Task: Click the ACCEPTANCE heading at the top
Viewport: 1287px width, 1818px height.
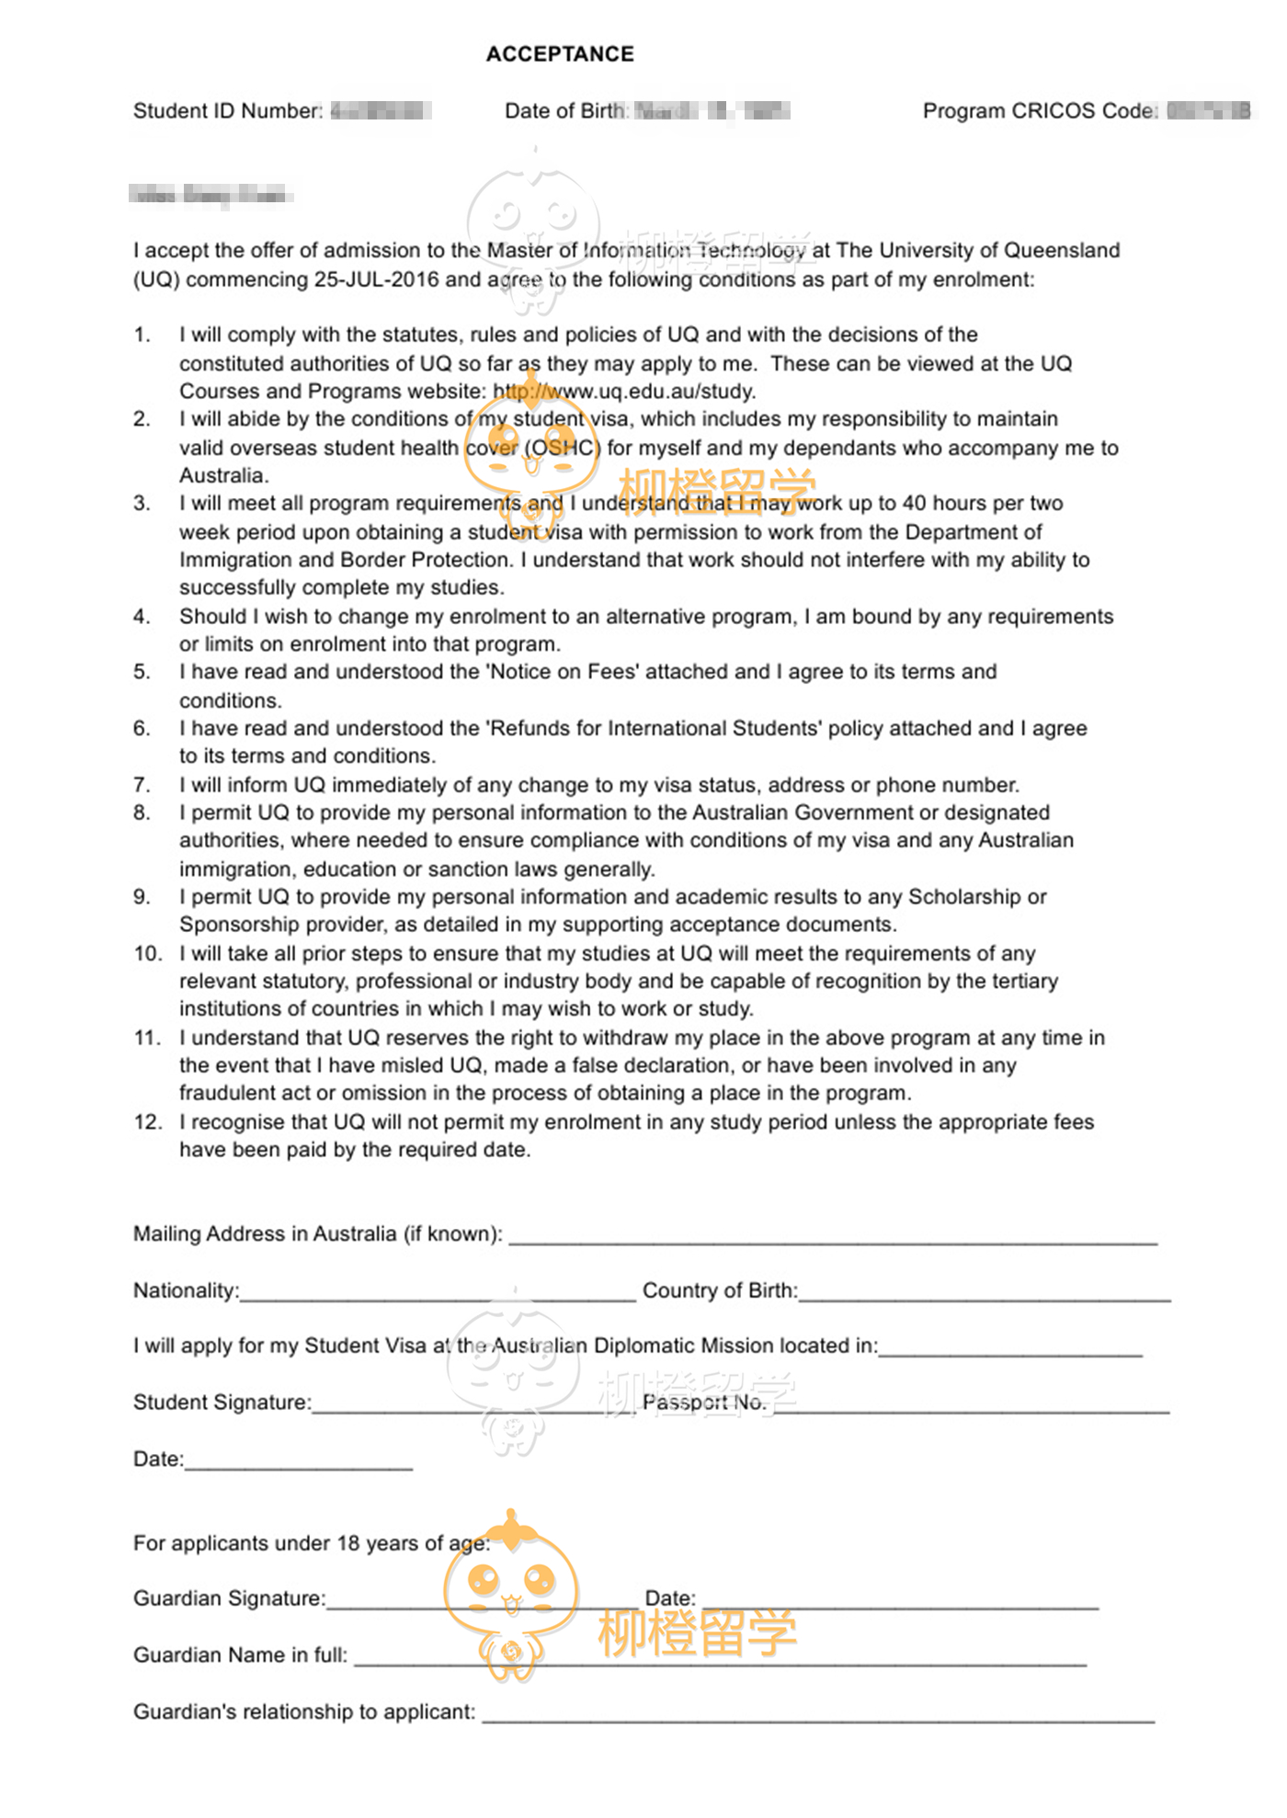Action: [560, 54]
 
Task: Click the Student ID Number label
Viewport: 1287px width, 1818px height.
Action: [227, 111]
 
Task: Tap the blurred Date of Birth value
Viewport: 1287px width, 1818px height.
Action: [712, 112]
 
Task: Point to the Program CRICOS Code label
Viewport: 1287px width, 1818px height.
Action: [1040, 111]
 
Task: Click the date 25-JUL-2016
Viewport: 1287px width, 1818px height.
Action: [377, 279]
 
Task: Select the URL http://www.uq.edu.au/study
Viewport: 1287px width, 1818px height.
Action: [624, 392]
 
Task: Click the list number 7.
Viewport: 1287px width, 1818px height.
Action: [142, 785]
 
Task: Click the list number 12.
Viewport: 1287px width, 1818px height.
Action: [147, 1122]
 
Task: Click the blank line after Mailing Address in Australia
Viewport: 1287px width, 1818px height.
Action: [832, 1235]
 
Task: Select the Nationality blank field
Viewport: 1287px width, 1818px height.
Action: [437, 1291]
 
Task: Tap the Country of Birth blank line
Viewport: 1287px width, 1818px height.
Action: [984, 1291]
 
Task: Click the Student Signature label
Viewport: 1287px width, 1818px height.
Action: [222, 1403]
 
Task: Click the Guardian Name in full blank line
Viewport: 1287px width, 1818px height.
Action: [720, 1656]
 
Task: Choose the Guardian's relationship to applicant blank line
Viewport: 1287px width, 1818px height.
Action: [817, 1713]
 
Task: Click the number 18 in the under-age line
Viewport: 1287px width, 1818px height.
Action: [347, 1543]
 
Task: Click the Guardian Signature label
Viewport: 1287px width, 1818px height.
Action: [229, 1599]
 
